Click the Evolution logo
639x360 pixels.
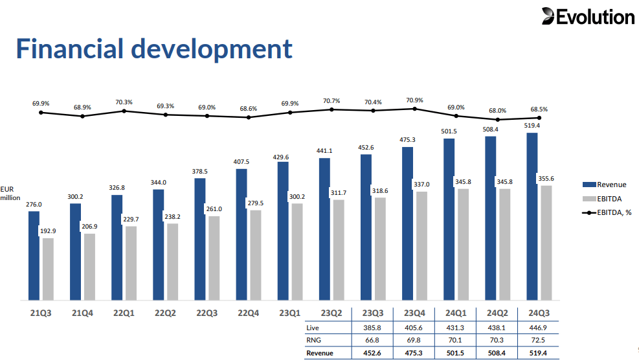click(588, 17)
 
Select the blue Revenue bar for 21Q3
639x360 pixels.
click(34, 255)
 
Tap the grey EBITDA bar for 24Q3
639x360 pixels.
click(546, 243)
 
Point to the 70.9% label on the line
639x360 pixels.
click(414, 100)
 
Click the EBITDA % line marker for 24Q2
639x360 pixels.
click(498, 120)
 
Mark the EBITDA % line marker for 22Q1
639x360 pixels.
click(124, 111)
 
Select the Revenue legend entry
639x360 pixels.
click(605, 185)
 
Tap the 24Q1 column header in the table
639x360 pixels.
click(455, 313)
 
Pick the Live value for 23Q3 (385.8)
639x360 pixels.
click(373, 328)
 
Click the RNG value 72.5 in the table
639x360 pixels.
click(539, 341)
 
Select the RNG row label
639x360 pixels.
click(314, 341)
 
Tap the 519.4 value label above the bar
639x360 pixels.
click(532, 126)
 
